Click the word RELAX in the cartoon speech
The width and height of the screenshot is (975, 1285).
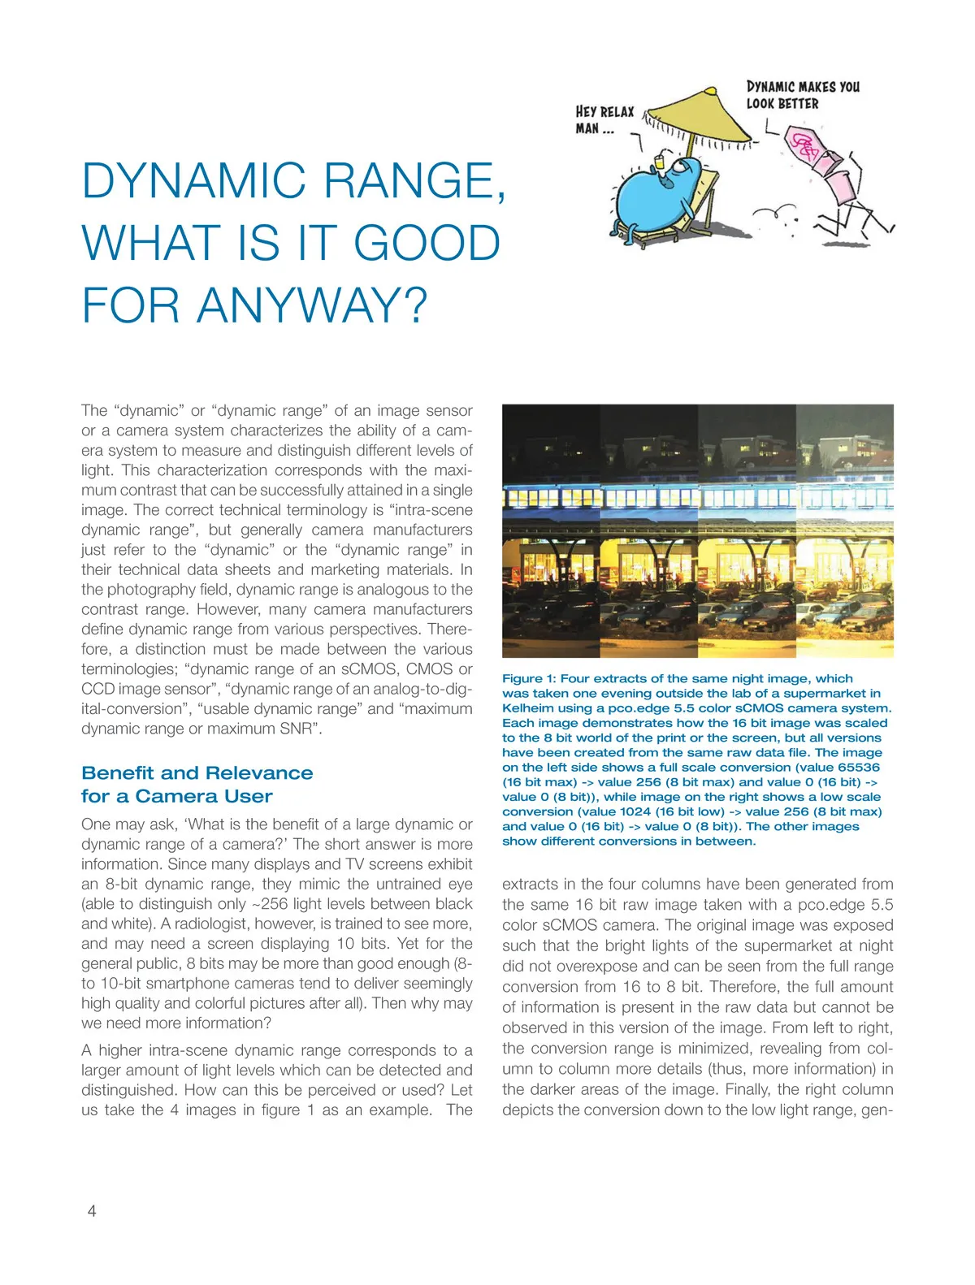pyautogui.click(x=617, y=111)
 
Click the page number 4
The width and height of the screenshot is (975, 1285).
pyautogui.click(x=92, y=1211)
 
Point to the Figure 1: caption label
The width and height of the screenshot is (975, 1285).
pyautogui.click(x=529, y=678)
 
